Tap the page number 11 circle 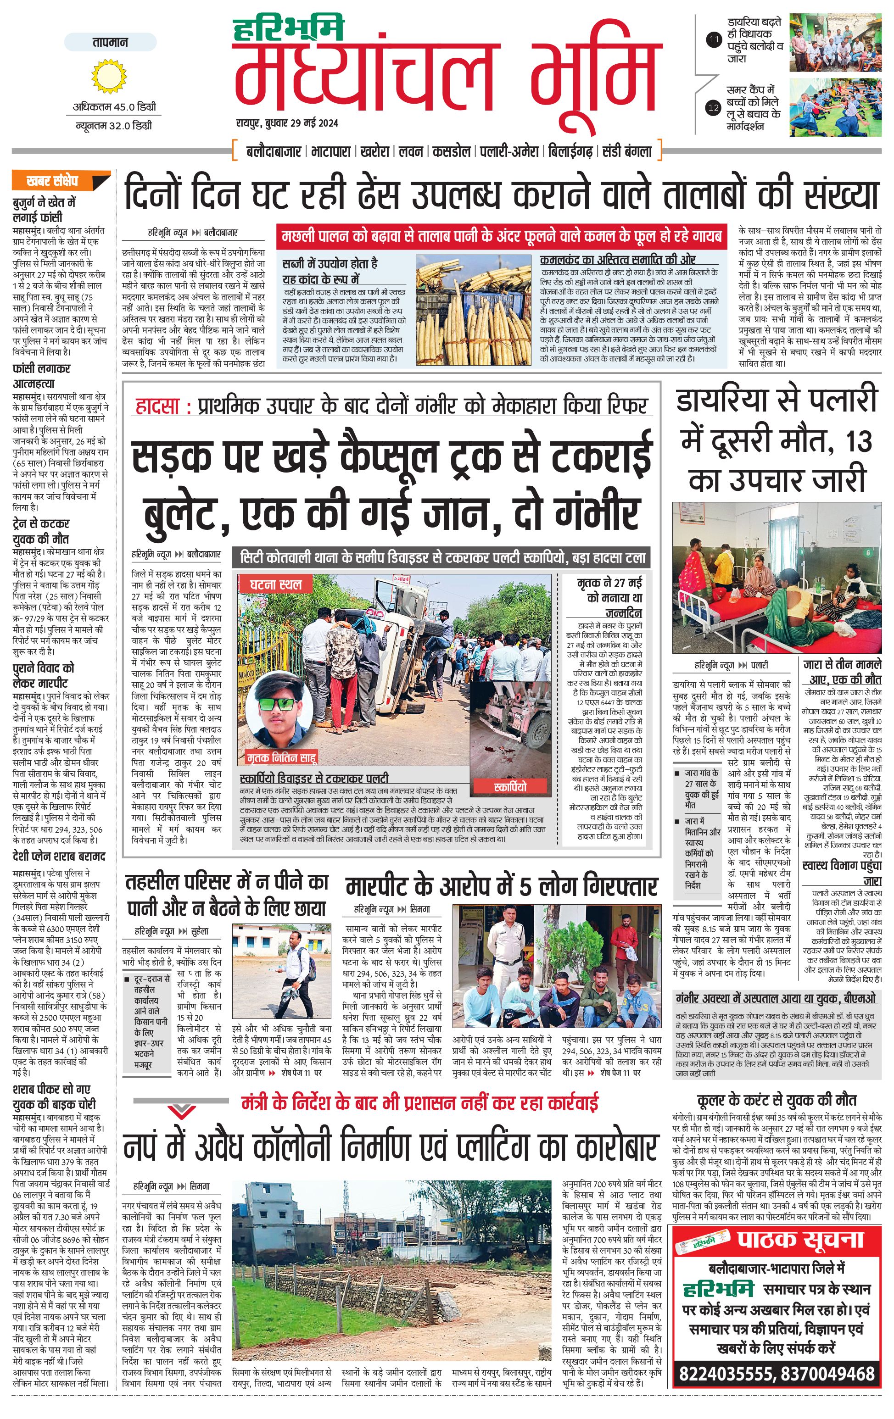point(714,40)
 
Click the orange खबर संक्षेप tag point(59,180)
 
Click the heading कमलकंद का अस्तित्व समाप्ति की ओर point(618,259)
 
